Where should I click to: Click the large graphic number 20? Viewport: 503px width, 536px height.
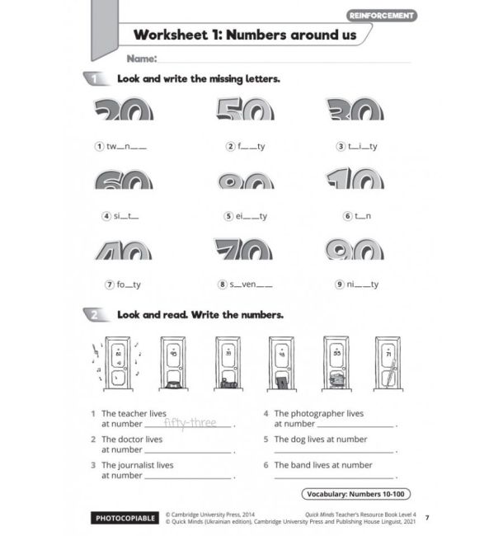click(x=124, y=110)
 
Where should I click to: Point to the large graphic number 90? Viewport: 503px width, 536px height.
click(x=355, y=251)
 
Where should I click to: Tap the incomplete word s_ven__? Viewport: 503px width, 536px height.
click(x=251, y=284)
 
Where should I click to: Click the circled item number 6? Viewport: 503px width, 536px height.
click(x=349, y=216)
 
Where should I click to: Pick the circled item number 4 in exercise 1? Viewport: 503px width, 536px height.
click(x=106, y=216)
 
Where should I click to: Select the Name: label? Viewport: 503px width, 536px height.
click(x=141, y=59)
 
